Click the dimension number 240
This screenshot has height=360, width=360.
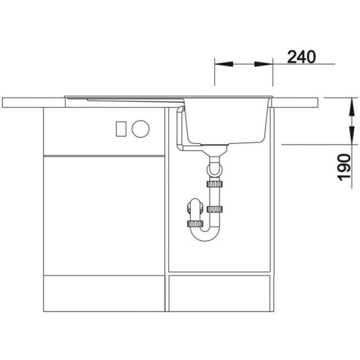tap(302, 57)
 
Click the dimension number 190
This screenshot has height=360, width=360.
tap(344, 167)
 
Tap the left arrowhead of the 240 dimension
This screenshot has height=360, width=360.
tap(224, 64)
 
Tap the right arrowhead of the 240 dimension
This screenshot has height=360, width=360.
tap(263, 64)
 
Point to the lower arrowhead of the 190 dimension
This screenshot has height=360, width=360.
tap(351, 135)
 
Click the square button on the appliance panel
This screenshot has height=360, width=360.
tap(121, 129)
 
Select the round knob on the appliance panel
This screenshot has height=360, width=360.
tap(141, 129)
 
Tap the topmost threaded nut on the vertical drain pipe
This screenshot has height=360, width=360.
tap(215, 184)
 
